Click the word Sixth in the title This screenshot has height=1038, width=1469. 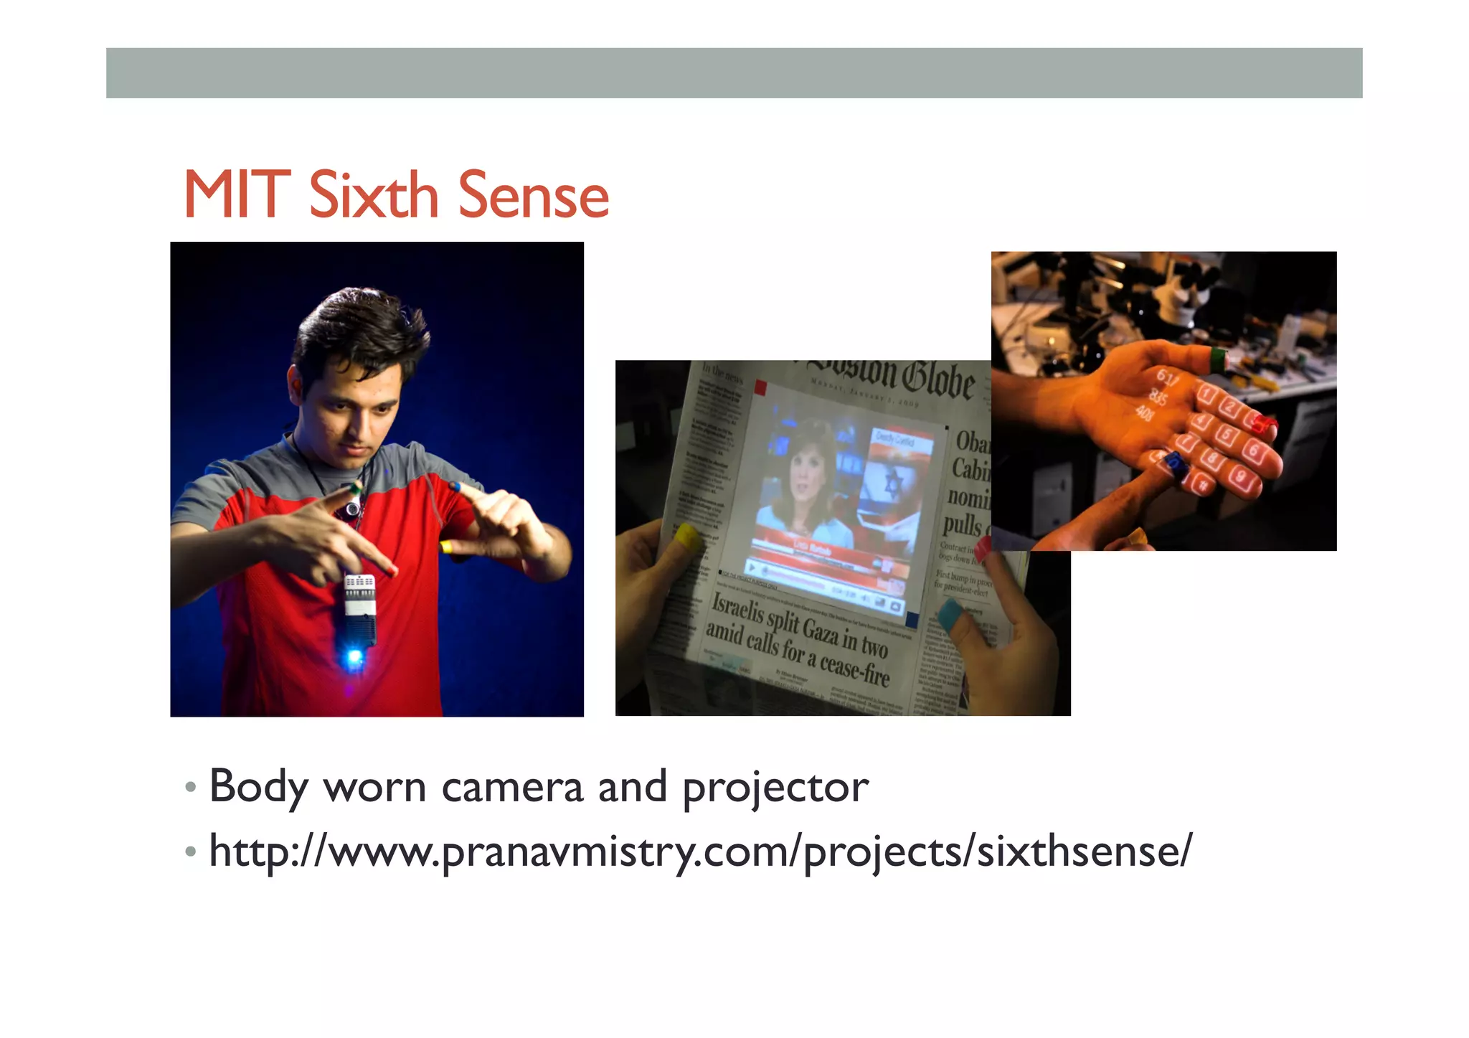[373, 195]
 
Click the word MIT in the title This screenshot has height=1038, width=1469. [237, 195]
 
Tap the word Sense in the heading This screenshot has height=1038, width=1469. [533, 195]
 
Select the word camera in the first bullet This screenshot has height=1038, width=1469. [512, 787]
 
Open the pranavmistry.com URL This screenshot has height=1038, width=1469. [699, 852]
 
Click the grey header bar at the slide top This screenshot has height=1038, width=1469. [734, 73]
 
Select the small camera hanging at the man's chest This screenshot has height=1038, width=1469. [351, 509]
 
